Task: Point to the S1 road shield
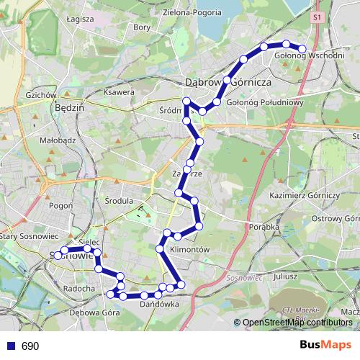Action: point(319,15)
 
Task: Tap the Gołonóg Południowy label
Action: point(266,102)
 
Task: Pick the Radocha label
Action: point(79,288)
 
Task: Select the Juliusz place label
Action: point(286,276)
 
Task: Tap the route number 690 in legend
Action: point(30,346)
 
